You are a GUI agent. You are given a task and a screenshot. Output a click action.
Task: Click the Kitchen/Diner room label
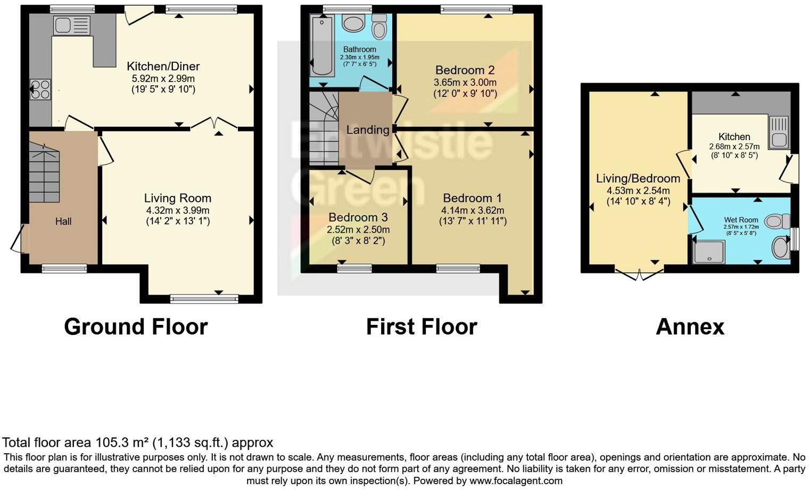[163, 67]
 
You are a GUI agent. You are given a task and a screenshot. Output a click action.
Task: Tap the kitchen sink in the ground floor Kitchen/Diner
[71, 25]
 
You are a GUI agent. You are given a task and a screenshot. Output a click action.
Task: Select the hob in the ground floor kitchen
[40, 89]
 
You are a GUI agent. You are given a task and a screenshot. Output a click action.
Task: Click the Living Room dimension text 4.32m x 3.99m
[178, 210]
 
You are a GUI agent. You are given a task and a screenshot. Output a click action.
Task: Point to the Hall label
[63, 222]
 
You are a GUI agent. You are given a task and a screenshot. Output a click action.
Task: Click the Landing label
[367, 130]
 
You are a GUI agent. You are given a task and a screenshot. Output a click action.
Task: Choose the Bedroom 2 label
[465, 70]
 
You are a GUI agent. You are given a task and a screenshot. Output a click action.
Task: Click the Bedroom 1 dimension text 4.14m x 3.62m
[472, 210]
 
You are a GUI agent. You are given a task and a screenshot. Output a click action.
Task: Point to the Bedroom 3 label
[358, 217]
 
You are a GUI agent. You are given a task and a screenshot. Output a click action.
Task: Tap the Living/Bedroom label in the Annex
[638, 178]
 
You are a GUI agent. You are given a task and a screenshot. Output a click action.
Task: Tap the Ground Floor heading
[136, 326]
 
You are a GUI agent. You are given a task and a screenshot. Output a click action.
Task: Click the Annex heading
[690, 326]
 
